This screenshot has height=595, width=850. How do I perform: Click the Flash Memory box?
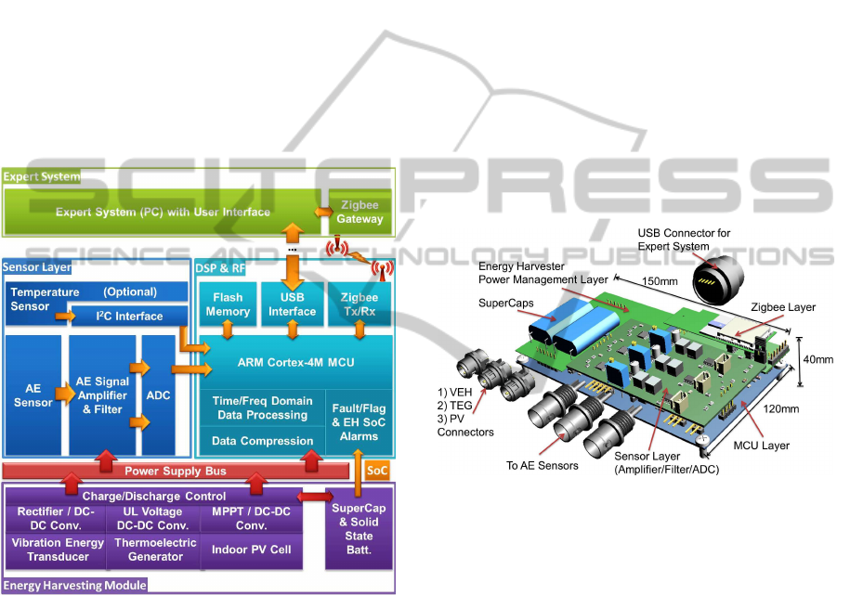coord(228,305)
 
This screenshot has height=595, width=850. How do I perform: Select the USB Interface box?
coord(293,305)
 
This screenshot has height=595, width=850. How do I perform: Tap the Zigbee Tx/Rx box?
coord(359,305)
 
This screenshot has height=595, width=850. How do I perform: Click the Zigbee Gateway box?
coord(359,213)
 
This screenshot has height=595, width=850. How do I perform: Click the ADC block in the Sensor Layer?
coord(157,395)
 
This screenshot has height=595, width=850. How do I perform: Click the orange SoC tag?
coord(377,472)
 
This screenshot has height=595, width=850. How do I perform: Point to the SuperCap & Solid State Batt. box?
coord(359,529)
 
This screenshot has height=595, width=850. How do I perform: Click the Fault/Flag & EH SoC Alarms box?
coord(358,420)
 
